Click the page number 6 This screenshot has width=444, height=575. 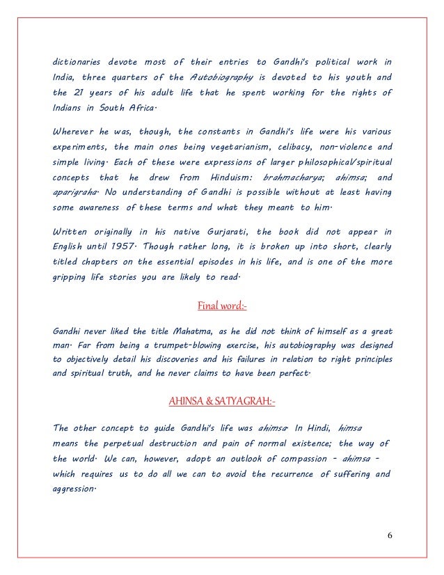390,534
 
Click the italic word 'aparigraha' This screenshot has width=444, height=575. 72,193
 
